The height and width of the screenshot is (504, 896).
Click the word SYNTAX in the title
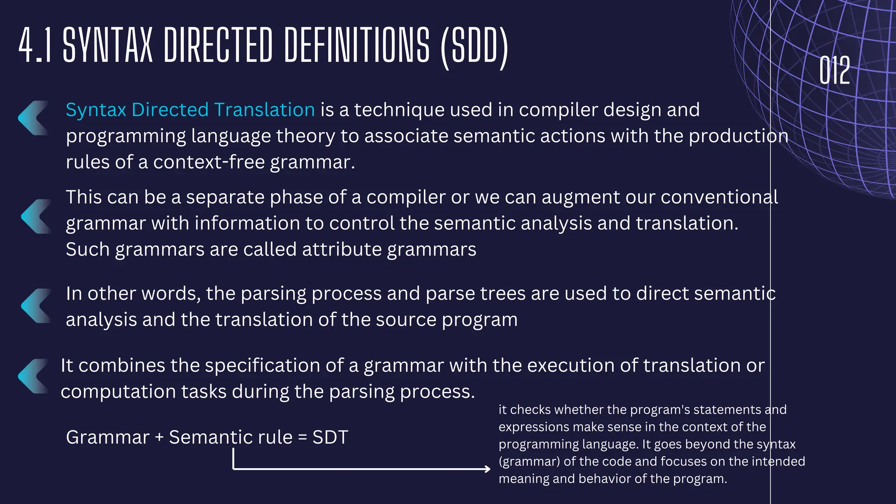108,45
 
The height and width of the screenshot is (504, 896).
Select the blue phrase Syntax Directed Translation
190,110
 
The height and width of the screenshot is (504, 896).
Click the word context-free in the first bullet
209,162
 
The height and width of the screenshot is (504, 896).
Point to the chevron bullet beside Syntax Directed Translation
33,118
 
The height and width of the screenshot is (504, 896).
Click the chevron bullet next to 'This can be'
36,216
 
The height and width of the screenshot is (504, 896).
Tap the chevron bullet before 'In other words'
36,305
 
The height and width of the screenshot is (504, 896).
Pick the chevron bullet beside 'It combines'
33,376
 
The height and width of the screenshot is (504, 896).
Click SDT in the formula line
330,437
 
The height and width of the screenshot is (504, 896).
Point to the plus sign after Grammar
159,437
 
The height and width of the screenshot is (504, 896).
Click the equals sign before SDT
302,437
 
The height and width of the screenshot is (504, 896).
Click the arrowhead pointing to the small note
487,469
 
